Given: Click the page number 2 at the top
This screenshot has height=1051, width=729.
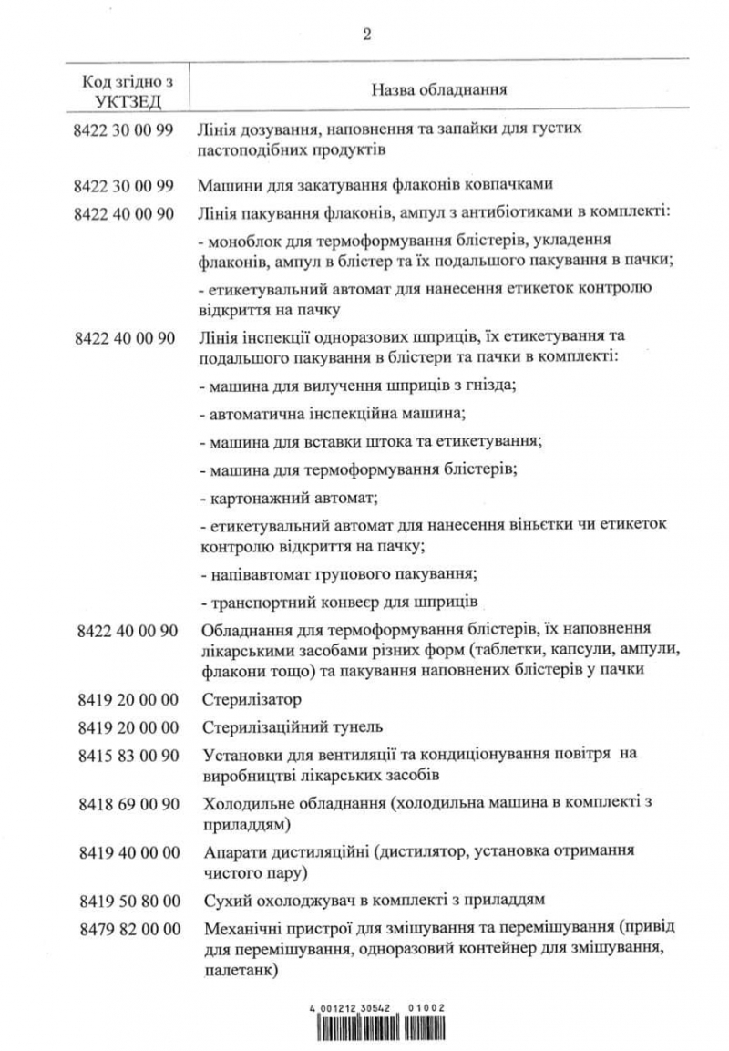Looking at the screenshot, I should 366,35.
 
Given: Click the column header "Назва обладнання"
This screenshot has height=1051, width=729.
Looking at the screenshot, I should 439,91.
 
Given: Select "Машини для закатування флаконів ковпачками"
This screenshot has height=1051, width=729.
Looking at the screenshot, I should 375,185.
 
